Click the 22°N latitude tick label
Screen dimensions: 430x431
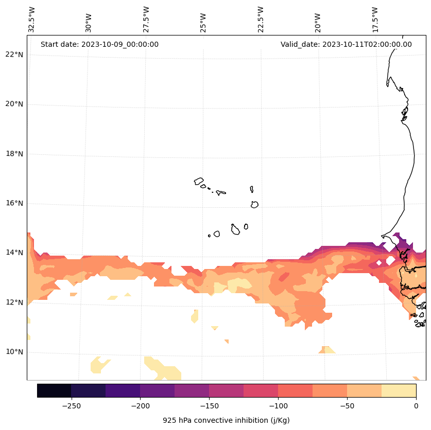14,55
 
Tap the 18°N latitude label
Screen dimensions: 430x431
14,154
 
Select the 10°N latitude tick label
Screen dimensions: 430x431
14,352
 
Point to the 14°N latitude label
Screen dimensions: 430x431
14,253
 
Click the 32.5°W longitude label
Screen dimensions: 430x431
32,20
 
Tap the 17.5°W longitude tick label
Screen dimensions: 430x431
375,20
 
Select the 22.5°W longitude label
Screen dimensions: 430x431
261,20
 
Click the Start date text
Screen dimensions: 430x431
99,44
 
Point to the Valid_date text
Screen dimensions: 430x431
346,44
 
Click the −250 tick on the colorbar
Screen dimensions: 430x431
71,405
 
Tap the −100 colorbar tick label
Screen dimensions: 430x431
278,405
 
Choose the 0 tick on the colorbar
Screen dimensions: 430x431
416,405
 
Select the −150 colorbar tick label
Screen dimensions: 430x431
209,405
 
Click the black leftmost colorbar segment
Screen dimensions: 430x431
54,390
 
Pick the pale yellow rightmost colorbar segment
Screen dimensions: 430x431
399,390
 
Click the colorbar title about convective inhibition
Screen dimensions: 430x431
226,420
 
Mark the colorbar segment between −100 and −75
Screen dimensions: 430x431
295,390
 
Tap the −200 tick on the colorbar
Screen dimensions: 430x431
140,405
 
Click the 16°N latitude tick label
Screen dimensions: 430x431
14,203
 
